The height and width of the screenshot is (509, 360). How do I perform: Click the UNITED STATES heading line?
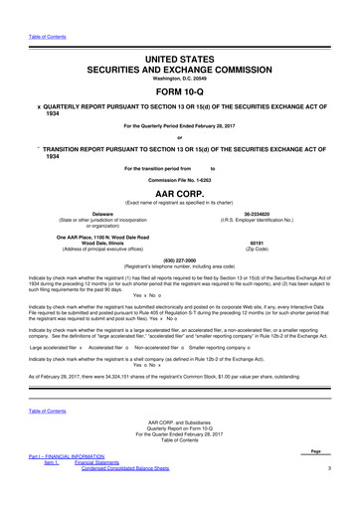180,33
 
